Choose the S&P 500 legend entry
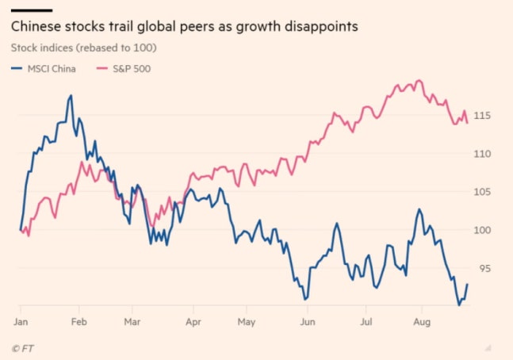click(x=130, y=68)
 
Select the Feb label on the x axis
click(x=78, y=323)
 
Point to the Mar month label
click(x=132, y=323)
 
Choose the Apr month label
click(x=192, y=323)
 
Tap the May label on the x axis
click(x=247, y=323)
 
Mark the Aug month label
click(x=422, y=323)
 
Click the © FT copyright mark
click(x=23, y=348)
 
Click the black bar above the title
click(x=31, y=10)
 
